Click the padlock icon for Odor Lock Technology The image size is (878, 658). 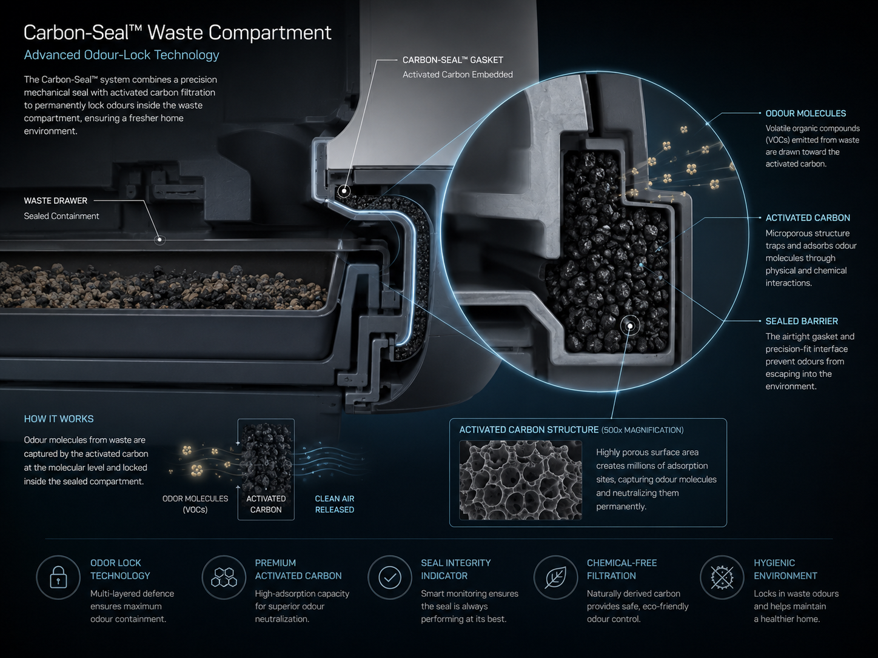point(58,577)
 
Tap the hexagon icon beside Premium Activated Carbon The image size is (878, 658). point(224,577)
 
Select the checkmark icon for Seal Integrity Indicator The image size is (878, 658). point(390,577)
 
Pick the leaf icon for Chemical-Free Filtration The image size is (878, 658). point(555,577)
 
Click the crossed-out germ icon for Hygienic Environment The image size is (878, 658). point(722,577)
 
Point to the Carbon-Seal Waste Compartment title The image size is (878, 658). point(178,32)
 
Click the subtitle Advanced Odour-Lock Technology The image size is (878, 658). point(122,55)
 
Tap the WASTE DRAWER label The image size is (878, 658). point(56,201)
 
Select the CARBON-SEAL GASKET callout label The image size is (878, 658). point(453,60)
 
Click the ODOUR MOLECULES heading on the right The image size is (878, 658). point(806,113)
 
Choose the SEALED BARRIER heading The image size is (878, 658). point(802,321)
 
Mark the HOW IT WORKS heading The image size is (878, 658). point(59,419)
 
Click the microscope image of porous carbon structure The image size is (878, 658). point(520,480)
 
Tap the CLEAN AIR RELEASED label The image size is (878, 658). point(334,504)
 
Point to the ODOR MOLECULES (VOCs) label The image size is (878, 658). point(195,504)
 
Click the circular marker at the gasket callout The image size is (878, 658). point(344,191)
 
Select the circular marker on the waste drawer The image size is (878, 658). point(160,240)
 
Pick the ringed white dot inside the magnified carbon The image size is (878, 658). point(630,326)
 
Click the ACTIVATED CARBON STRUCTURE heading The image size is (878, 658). point(529,430)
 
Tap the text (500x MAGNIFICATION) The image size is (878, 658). point(642,430)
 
